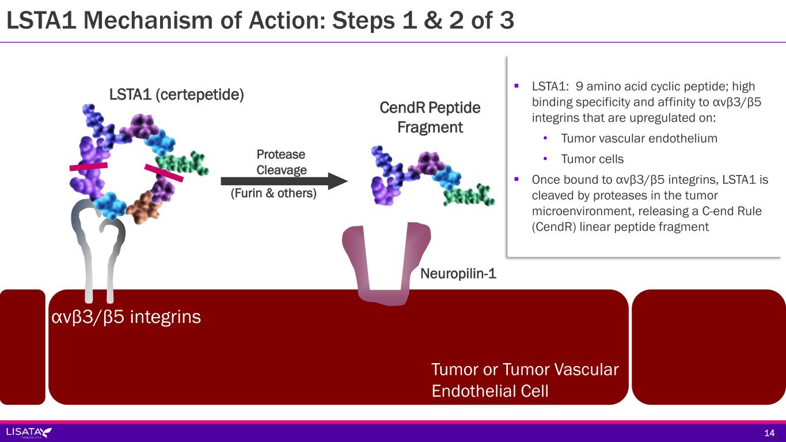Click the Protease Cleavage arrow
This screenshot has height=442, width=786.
[283, 181]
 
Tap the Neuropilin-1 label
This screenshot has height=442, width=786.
[458, 274]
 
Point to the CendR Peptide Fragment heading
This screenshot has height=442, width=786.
[430, 117]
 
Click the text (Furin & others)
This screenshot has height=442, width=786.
[274, 193]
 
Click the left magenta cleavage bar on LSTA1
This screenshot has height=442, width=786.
[88, 167]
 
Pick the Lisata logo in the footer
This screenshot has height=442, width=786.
[29, 432]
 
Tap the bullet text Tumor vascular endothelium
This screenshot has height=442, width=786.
[639, 138]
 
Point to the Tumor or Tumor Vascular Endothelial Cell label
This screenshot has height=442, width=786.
[524, 380]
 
